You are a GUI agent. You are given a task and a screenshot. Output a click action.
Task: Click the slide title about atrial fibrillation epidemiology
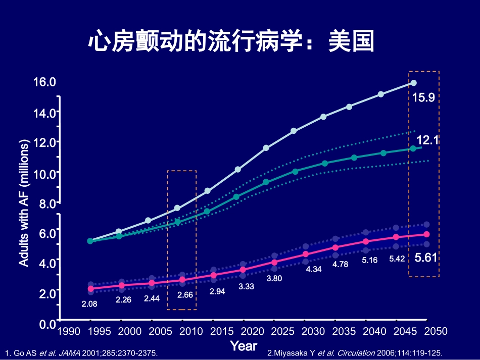coord(231,42)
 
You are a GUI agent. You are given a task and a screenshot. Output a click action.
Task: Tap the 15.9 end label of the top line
coord(423,97)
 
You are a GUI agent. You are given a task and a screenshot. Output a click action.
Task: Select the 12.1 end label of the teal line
coord(427,140)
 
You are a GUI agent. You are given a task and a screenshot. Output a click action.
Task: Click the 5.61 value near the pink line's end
coord(425,258)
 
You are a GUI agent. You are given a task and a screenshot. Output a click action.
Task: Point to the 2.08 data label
coord(89,304)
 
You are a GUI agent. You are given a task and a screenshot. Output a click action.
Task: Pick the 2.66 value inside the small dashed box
coord(185,294)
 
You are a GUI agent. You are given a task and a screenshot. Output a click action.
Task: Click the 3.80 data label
coord(274,278)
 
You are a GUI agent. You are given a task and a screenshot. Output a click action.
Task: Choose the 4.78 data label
coord(341,264)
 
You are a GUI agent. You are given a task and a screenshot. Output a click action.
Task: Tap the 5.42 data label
coord(397,259)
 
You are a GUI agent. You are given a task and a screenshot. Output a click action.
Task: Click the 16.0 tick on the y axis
coord(44,82)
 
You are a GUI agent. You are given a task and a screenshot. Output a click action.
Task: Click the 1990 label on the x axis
coord(68,331)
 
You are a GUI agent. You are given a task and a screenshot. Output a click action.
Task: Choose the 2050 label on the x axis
coord(436,331)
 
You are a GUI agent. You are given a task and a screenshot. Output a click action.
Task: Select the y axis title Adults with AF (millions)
coord(24,202)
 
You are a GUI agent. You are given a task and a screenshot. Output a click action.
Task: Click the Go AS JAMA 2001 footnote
coord(81,353)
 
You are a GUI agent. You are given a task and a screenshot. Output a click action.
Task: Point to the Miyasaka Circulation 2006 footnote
coord(358,353)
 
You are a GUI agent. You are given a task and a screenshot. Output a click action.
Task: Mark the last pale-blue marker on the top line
coord(413,83)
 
